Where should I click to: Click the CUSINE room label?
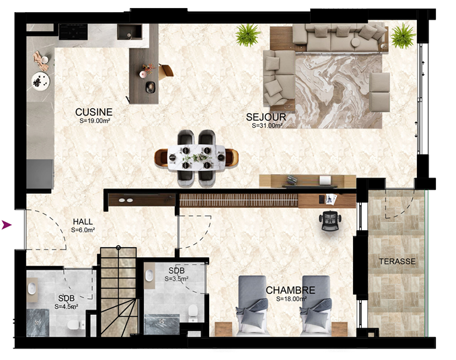(x=93, y=112)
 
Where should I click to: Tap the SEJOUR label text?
(x=266, y=117)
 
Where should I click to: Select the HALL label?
(x=83, y=222)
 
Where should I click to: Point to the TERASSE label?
(x=397, y=261)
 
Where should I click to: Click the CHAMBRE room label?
(x=291, y=290)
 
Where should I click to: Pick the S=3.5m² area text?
(x=176, y=279)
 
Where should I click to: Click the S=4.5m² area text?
(x=66, y=306)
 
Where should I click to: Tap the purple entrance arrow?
(x=7, y=225)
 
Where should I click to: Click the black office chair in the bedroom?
(x=330, y=221)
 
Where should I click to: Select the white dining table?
(x=196, y=157)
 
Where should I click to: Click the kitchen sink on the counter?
(x=130, y=32)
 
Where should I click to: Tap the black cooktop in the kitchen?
(x=73, y=32)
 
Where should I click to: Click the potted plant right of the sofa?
(x=403, y=36)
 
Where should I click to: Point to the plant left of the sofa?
(x=248, y=35)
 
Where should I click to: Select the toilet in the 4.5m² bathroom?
(x=74, y=325)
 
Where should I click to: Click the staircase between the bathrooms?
(x=118, y=292)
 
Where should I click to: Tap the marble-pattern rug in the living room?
(x=338, y=91)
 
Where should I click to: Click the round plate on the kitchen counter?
(x=40, y=81)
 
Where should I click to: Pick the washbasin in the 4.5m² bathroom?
(x=32, y=288)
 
